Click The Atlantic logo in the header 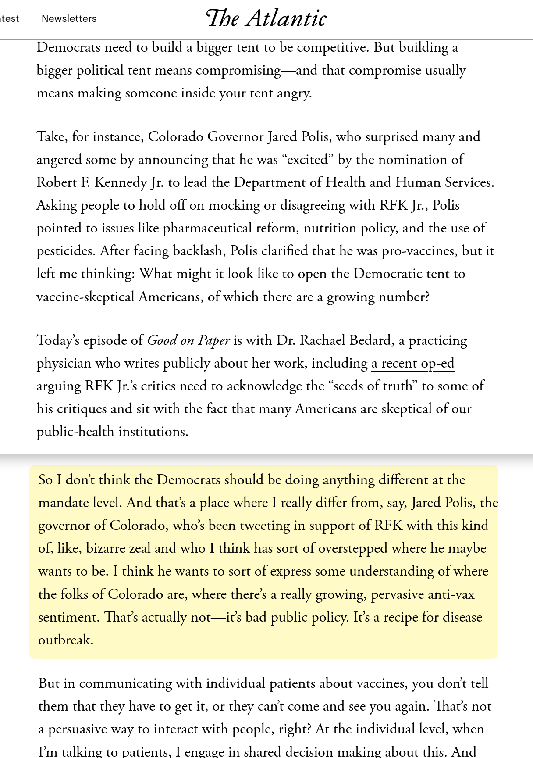point(266,18)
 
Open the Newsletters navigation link point(69,18)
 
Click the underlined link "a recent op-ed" point(412,363)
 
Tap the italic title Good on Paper point(188,340)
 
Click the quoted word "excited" point(307,159)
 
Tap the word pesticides point(66,250)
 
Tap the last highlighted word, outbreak point(65,640)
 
